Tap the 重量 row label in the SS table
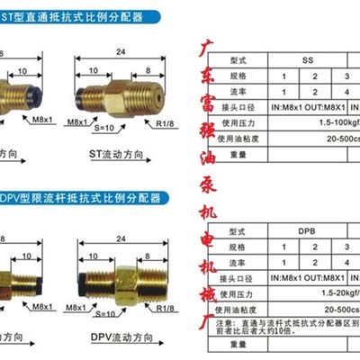point(238,153)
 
